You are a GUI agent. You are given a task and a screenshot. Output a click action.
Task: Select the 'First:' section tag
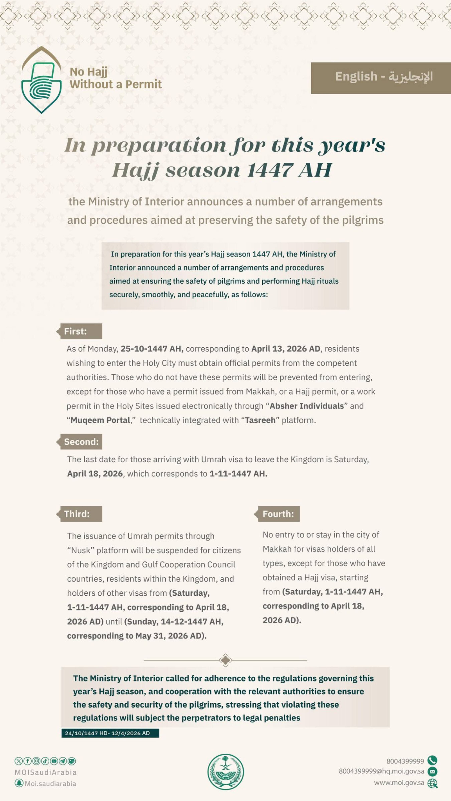tap(81, 331)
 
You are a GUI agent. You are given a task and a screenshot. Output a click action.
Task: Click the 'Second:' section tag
tap(81, 442)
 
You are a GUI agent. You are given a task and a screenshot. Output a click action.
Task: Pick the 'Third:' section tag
tap(81, 514)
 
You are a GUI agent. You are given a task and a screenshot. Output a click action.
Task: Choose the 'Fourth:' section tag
tap(278, 514)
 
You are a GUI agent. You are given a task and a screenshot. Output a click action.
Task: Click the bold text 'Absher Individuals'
tap(307, 406)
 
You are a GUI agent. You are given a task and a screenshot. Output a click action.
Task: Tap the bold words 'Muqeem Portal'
tap(100, 420)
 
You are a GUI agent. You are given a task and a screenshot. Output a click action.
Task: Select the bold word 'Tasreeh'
tap(260, 420)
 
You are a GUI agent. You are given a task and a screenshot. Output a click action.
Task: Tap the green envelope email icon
tap(432, 771)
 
